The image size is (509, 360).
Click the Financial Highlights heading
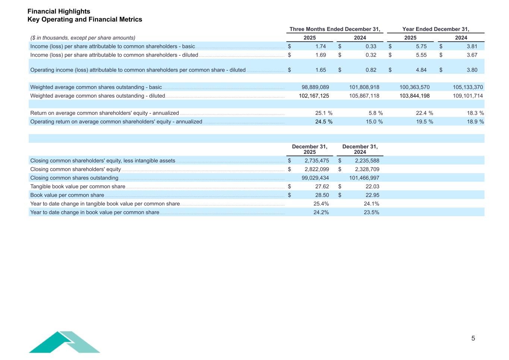point(59,12)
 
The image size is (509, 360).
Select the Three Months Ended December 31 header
point(334,29)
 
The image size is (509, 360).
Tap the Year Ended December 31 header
point(436,29)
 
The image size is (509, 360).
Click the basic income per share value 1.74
point(320,47)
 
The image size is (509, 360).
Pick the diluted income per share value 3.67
point(472,55)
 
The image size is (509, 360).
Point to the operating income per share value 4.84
point(421,70)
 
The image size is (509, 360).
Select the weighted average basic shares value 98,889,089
point(315,87)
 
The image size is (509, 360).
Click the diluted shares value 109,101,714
point(465,96)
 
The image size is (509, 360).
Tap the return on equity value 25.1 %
point(323,113)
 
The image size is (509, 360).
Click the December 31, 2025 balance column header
point(310,149)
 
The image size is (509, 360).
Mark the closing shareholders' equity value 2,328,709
point(367,169)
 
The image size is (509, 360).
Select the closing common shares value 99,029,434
point(315,178)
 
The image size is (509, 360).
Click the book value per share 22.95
point(372,195)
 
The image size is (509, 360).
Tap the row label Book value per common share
point(67,195)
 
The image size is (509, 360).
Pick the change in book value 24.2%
point(321,212)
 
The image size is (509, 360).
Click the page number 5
point(473,338)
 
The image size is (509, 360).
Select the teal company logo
point(65,342)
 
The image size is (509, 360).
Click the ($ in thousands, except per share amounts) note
point(83,38)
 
